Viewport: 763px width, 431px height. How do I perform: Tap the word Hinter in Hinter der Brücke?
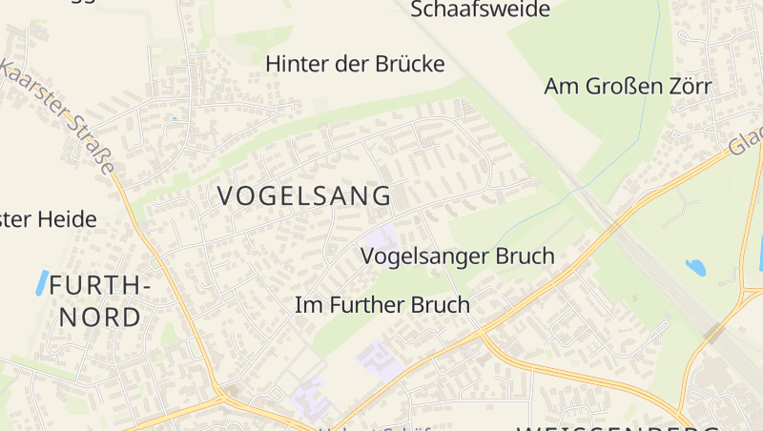296,64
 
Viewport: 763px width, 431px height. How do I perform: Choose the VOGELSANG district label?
304,196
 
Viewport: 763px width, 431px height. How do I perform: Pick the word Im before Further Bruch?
306,305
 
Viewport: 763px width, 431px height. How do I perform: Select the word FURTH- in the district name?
100,284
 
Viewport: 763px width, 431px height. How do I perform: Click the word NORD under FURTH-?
100,318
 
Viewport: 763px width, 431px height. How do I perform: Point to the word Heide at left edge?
68,219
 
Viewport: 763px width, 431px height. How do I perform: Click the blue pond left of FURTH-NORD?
41,282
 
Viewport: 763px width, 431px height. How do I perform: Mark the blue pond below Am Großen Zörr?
695,268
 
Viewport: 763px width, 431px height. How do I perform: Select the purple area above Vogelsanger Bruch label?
381,234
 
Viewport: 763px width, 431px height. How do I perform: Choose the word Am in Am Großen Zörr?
562,87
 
